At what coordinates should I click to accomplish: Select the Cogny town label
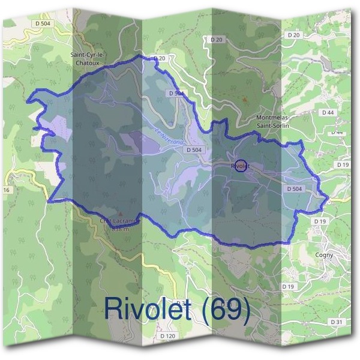324,254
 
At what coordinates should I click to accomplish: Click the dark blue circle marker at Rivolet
239,165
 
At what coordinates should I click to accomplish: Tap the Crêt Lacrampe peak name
119,220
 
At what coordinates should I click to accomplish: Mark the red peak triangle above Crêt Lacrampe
119,214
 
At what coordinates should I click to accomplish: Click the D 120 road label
167,336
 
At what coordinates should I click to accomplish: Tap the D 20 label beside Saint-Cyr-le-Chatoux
159,58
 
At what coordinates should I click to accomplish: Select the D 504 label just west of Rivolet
193,149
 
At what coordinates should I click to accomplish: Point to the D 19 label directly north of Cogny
319,221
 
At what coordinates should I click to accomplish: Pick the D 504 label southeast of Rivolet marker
293,189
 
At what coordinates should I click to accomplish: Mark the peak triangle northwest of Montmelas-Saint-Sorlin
244,98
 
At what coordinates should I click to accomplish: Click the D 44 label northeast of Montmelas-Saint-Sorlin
327,112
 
